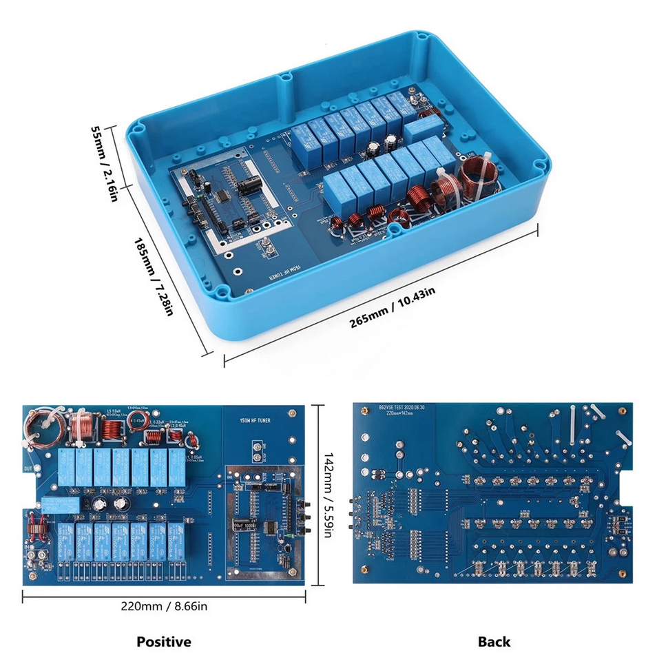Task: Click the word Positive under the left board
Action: click(x=163, y=641)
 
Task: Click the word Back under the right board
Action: click(x=494, y=641)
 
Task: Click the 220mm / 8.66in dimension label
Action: click(x=163, y=606)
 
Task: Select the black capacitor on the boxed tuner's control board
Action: click(x=251, y=183)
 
